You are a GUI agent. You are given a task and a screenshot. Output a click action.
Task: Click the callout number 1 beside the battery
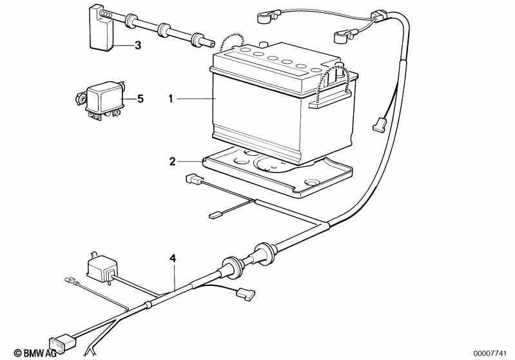pos(170,99)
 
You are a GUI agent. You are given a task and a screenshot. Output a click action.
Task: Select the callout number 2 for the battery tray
pos(173,162)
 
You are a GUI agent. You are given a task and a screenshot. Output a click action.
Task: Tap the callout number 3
pos(138,45)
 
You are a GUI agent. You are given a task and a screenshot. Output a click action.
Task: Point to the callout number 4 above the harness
pos(173,259)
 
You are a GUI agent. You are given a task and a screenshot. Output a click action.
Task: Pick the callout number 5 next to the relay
pos(141,99)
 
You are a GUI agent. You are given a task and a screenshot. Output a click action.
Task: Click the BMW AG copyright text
pos(35,353)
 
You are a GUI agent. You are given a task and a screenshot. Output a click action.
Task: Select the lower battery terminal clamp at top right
pos(343,36)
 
